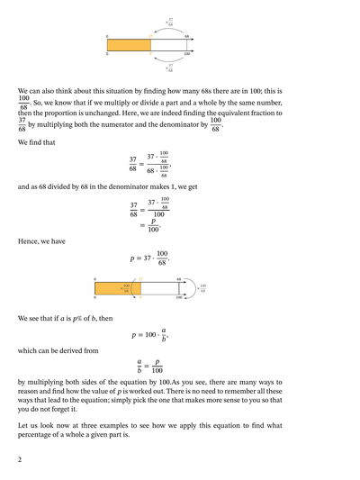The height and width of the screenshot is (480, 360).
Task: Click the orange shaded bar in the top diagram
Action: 129,44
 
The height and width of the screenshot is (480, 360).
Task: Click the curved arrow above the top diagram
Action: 169,27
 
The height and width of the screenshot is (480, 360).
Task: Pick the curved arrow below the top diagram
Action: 169,61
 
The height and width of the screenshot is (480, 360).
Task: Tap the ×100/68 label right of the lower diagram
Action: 202,288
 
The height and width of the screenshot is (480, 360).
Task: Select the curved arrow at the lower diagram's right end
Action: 191,288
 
